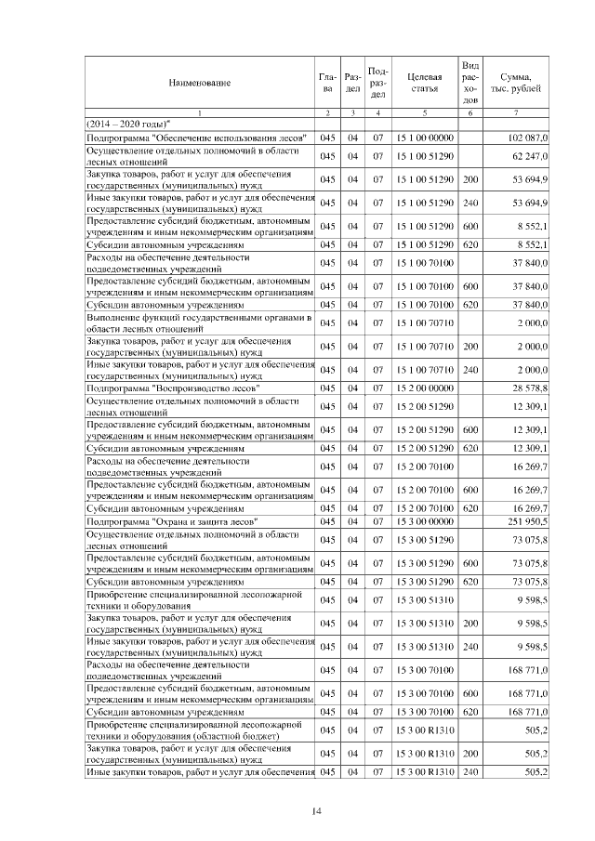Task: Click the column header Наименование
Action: coord(199,83)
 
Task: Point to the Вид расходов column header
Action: coord(470,82)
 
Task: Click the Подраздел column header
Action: coord(377,82)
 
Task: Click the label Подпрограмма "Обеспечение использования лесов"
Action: coord(197,138)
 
